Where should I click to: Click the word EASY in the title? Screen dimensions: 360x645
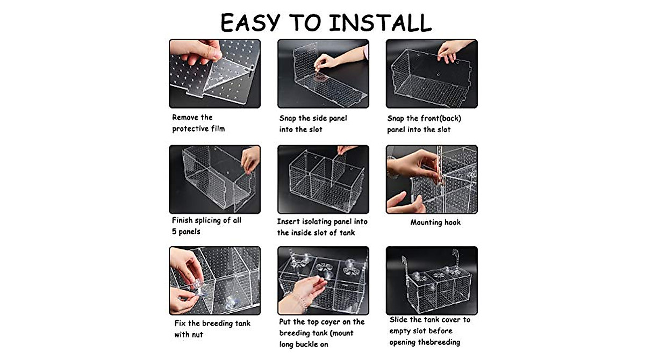250,23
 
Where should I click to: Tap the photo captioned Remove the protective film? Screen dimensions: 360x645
214,74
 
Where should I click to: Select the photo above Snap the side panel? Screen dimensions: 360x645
323,74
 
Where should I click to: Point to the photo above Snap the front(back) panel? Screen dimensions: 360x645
432,74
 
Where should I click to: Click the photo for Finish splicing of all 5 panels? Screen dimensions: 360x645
214,179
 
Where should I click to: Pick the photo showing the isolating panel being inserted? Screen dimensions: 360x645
323,179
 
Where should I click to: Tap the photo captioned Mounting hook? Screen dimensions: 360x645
432,179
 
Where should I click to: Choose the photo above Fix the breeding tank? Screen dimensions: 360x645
214,280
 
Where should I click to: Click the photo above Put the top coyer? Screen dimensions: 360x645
323,280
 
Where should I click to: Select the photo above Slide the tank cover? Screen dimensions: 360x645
432,280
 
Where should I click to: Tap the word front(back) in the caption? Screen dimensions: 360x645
440,118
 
